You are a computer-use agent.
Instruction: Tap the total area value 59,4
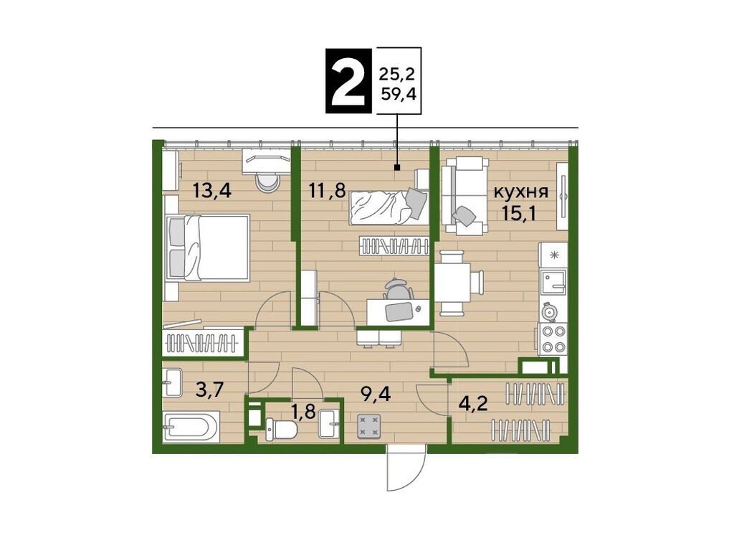399,95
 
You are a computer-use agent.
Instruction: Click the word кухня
521,192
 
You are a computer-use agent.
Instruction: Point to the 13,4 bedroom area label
212,191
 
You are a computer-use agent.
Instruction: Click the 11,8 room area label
327,191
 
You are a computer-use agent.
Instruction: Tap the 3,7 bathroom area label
210,389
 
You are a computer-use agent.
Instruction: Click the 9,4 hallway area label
376,395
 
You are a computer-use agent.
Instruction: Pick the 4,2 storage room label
472,403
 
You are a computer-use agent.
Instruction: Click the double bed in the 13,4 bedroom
206,248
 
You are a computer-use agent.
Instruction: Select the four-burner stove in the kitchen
553,339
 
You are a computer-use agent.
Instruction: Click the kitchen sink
553,282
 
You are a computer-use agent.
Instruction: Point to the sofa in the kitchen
465,196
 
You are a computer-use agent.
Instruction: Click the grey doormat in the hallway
369,426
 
